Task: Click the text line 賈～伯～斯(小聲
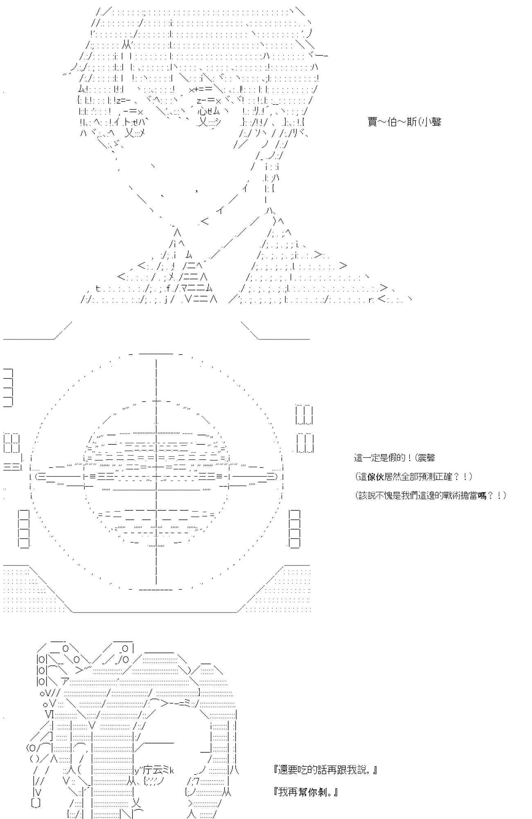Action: pos(404,122)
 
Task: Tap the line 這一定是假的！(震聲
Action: pos(394,458)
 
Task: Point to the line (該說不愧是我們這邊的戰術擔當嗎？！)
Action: pos(430,495)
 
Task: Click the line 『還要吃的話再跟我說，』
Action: pos(325,770)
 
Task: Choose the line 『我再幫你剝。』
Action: pos(306,792)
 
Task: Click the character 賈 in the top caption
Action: pos(372,122)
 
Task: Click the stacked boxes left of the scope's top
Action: pos(8,387)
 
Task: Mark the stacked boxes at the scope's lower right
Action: pos(294,529)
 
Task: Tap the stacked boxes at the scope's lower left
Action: pos(24,529)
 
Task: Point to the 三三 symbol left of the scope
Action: pos(12,467)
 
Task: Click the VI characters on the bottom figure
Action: pos(50,715)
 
